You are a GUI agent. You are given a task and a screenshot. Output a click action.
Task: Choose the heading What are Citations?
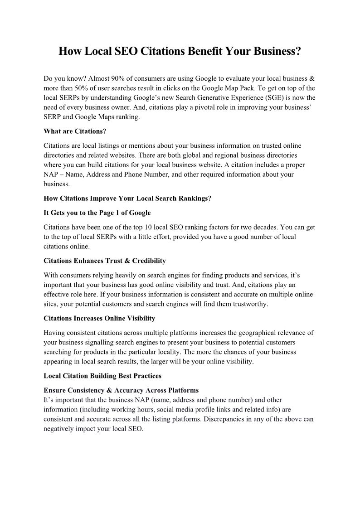click(74, 131)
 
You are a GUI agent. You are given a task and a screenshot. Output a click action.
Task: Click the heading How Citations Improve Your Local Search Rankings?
click(127, 198)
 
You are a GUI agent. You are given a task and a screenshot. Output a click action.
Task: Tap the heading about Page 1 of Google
click(97, 213)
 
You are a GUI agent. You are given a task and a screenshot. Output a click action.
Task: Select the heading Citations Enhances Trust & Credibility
click(105, 261)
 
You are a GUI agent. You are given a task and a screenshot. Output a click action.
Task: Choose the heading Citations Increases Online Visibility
click(99, 318)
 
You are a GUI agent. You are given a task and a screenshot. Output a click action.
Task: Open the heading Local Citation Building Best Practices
click(102, 376)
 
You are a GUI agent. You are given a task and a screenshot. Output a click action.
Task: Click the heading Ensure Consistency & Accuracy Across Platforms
click(121, 390)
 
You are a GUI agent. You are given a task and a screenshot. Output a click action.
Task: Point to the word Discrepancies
click(224, 419)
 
